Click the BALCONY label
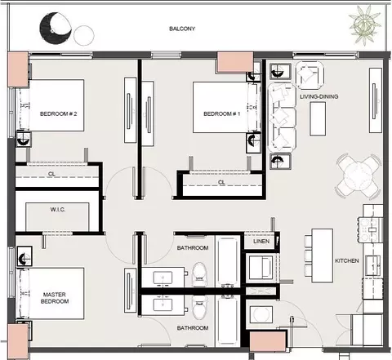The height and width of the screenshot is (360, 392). [182, 29]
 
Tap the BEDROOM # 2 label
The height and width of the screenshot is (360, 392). [58, 113]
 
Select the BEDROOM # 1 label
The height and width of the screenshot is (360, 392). [222, 113]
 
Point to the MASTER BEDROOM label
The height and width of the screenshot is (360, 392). [55, 298]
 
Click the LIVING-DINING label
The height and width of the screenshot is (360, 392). [319, 96]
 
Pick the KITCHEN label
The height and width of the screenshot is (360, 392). [347, 260]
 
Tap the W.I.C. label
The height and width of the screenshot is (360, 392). [58, 210]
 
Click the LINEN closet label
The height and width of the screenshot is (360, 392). [261, 242]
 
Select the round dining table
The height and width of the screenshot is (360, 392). [359, 176]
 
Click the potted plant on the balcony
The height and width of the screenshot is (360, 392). [365, 24]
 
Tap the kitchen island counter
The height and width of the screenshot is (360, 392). [323, 256]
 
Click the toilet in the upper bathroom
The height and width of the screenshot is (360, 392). [199, 274]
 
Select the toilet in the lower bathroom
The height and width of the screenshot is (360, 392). [199, 308]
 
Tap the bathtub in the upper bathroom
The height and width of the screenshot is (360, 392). [228, 262]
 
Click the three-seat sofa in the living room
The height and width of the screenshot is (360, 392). [282, 118]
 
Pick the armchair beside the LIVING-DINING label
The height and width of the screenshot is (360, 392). [310, 75]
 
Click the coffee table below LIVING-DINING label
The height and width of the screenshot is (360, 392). [318, 119]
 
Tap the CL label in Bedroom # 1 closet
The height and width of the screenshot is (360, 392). [221, 182]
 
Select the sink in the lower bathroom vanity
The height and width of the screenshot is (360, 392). [163, 304]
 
